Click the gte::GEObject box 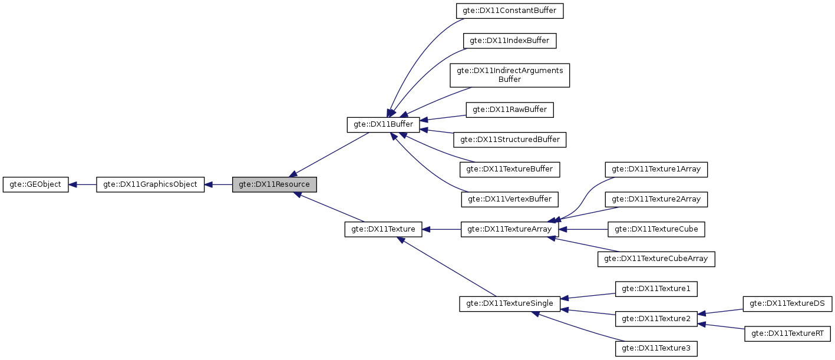click(36, 184)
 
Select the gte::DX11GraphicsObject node click(150, 184)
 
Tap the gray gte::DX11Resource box click(275, 184)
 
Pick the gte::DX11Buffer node click(383, 125)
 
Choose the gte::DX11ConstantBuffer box click(510, 11)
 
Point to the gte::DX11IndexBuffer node click(510, 41)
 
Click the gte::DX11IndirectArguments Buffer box click(510, 75)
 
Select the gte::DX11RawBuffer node click(510, 110)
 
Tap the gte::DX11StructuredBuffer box click(510, 140)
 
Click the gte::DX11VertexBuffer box click(510, 199)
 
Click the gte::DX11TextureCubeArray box click(656, 259)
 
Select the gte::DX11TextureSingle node click(509, 303)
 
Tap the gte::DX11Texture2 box click(656, 319)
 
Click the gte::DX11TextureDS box click(787, 304)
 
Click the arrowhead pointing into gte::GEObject click(73, 184)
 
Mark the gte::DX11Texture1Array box click(656, 169)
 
